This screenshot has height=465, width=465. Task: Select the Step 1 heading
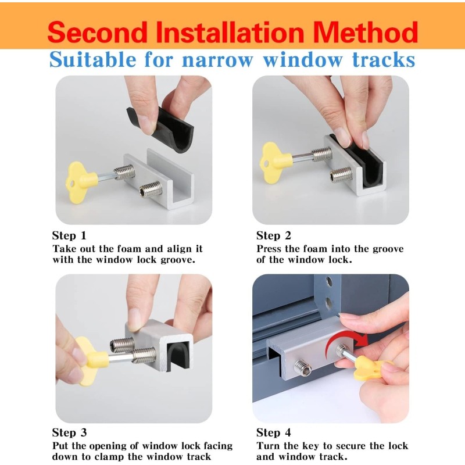tap(69, 235)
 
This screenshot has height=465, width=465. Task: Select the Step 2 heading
tap(274, 235)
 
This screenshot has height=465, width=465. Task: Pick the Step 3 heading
tap(69, 432)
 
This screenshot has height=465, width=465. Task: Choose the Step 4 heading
tap(274, 432)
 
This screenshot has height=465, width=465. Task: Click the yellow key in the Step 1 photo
tap(81, 178)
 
